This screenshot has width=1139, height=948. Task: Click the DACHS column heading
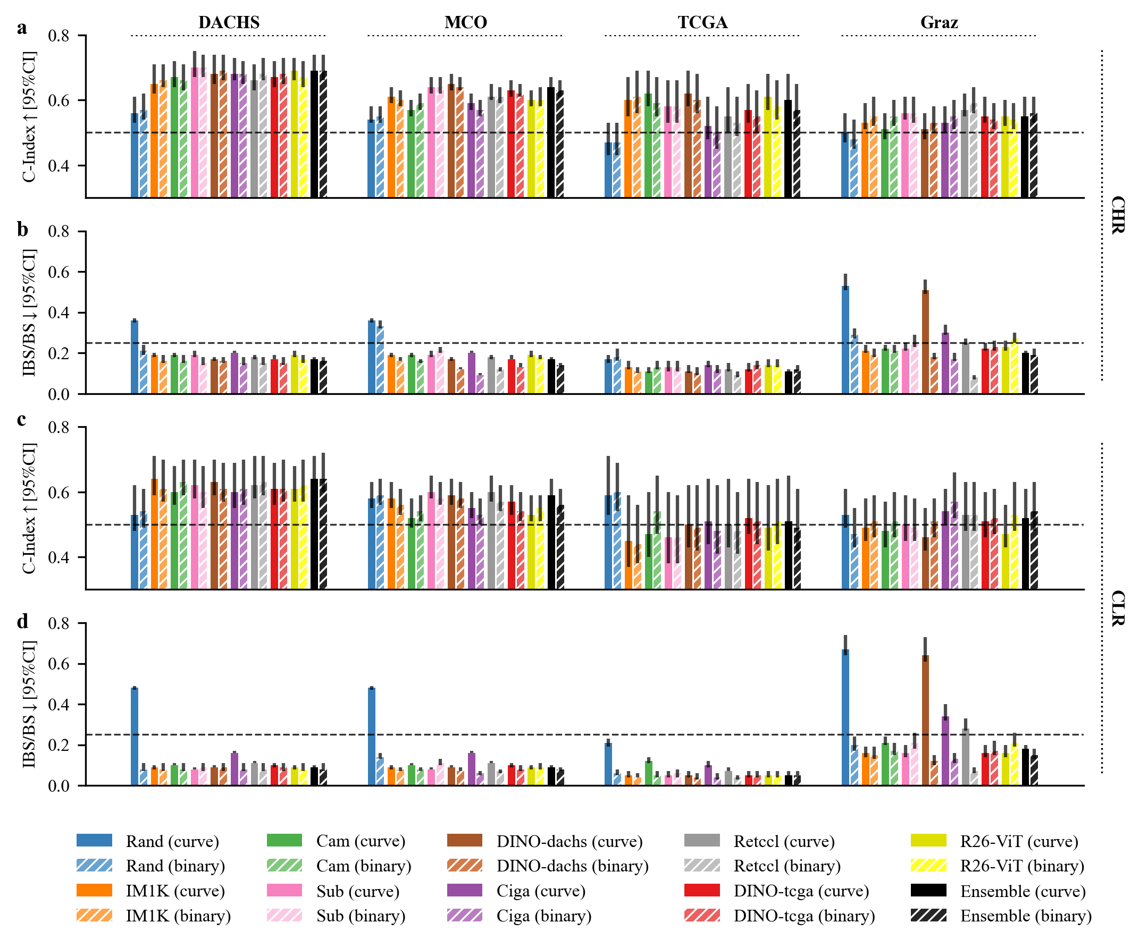point(229,22)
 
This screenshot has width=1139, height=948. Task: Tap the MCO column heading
point(465,22)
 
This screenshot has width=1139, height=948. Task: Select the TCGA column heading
point(702,22)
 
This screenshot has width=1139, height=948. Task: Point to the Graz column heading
point(939,22)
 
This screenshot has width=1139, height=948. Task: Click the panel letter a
point(22,27)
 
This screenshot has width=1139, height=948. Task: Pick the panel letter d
point(22,621)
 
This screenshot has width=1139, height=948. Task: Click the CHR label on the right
point(1117,215)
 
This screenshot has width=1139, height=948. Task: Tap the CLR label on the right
point(1117,608)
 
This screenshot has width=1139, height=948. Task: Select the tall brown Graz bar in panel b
point(925,342)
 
